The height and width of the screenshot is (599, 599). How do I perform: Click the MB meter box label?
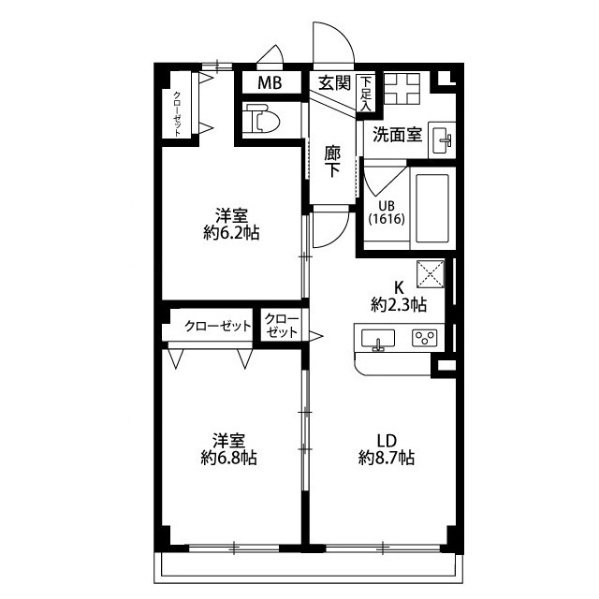[270, 82]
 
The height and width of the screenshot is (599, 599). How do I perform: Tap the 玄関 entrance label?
[335, 82]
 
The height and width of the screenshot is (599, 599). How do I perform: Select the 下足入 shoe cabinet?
[366, 94]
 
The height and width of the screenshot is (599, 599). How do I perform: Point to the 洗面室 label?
[397, 135]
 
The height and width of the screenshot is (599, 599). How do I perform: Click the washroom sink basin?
[442, 139]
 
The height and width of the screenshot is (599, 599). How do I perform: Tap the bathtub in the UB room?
[432, 208]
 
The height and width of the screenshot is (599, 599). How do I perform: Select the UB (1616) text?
[387, 212]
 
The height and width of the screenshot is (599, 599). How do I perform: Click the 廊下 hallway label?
[332, 162]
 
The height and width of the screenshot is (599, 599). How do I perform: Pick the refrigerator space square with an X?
[431, 273]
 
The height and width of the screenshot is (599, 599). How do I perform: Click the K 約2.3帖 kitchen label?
[399, 296]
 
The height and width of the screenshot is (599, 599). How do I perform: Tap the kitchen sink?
[378, 339]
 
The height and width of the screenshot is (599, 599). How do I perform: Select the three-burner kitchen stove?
[424, 338]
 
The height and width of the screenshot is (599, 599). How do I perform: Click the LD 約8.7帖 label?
[387, 449]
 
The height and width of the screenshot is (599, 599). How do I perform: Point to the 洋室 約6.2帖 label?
[231, 225]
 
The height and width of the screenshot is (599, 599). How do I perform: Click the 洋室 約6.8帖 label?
[228, 449]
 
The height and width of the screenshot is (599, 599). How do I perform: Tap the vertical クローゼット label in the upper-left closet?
[177, 113]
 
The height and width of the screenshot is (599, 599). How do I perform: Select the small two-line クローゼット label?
[282, 326]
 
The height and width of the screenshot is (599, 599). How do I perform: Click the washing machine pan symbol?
[402, 89]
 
